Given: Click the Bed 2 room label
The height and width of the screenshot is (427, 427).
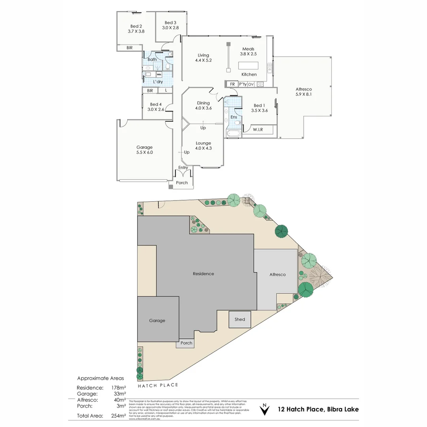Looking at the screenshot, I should point(136,26).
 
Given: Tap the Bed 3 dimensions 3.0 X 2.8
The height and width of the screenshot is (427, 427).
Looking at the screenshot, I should point(170,28).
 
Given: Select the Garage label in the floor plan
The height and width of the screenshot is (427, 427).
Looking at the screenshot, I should point(144,147).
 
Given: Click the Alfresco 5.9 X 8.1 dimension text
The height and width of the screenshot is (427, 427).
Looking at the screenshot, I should point(304,94).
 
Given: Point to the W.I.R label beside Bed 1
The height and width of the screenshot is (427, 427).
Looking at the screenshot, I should point(258,130).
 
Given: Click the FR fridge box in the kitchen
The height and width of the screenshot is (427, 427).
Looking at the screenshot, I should point(232,84).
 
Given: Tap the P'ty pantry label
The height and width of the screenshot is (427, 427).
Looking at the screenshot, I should point(243,84).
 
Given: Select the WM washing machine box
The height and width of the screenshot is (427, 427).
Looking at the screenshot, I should point(159,74).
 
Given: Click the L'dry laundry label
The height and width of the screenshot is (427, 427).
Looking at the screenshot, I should point(158,82).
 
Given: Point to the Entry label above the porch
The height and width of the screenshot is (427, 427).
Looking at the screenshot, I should point(183,168).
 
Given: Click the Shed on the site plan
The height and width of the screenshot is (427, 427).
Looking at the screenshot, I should point(240,319).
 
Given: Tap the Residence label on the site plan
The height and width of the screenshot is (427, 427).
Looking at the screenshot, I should point(203,274).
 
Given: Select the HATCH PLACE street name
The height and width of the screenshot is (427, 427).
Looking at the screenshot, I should point(158,385).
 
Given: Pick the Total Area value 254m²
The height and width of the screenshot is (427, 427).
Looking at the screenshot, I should point(118,416).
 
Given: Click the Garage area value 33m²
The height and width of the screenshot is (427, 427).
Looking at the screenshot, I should point(119,394).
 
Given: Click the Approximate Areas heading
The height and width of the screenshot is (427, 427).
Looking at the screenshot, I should point(100,378).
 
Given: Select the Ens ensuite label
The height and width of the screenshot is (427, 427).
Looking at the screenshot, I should point(234,117).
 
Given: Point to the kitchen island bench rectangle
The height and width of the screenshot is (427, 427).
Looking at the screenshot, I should point(248,65).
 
